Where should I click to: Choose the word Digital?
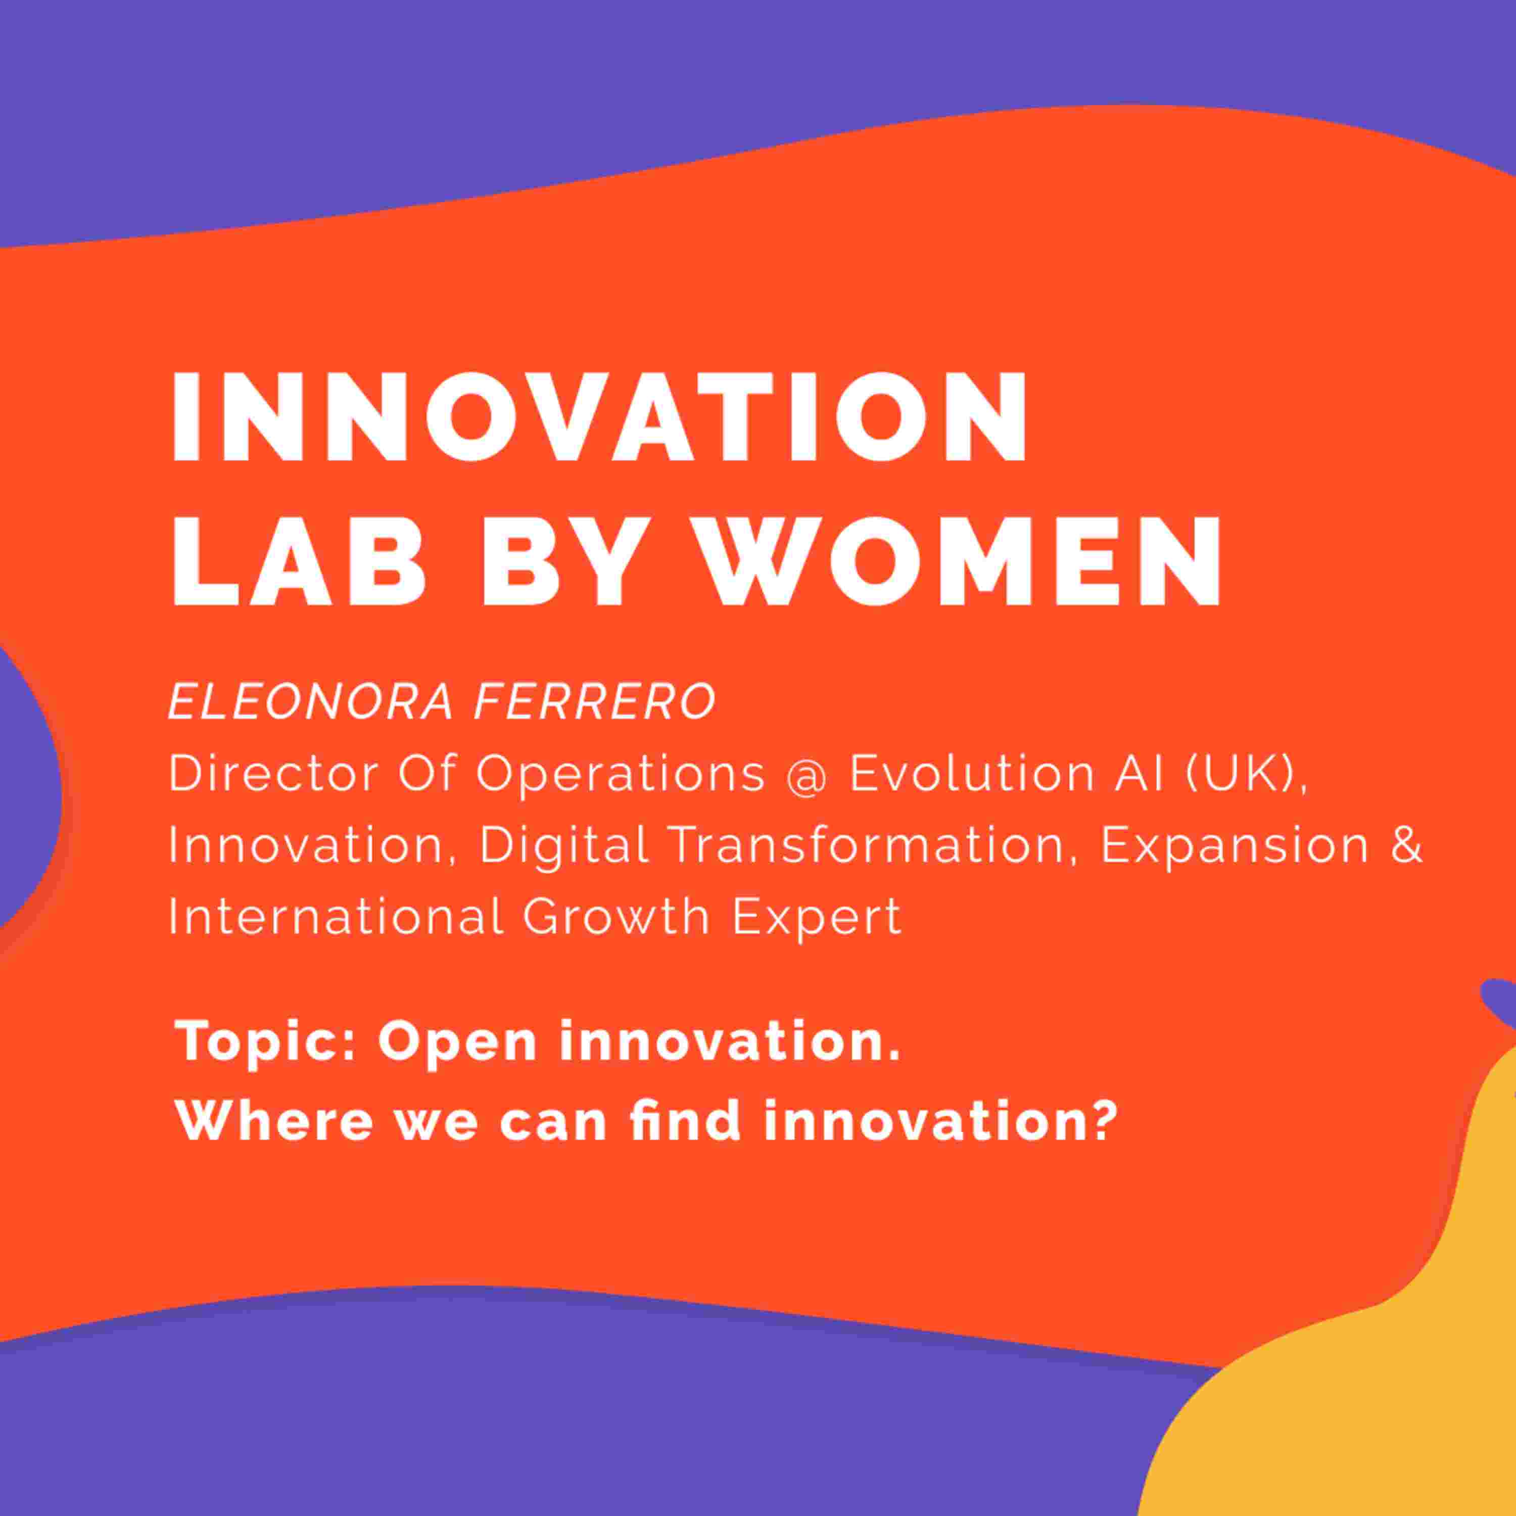(x=564, y=846)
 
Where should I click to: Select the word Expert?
(x=816, y=917)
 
